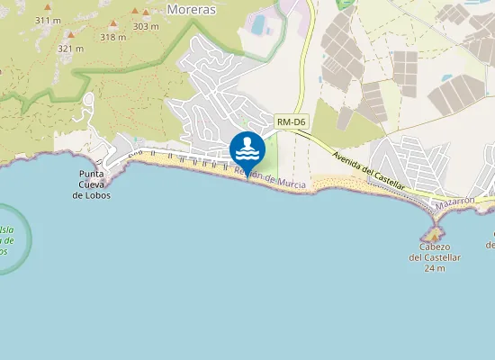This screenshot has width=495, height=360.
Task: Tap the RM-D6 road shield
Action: (x=291, y=121)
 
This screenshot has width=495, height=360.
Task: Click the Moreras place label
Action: (x=190, y=8)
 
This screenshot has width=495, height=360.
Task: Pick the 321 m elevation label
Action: (x=68, y=48)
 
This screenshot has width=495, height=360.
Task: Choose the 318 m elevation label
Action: (x=113, y=37)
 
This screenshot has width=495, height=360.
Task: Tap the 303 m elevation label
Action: (x=145, y=26)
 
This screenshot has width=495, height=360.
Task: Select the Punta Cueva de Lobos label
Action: (x=94, y=184)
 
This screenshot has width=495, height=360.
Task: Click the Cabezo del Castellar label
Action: (x=435, y=252)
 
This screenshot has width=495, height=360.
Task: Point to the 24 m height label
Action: (x=435, y=268)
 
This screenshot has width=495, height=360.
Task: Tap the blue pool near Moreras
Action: (x=259, y=25)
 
